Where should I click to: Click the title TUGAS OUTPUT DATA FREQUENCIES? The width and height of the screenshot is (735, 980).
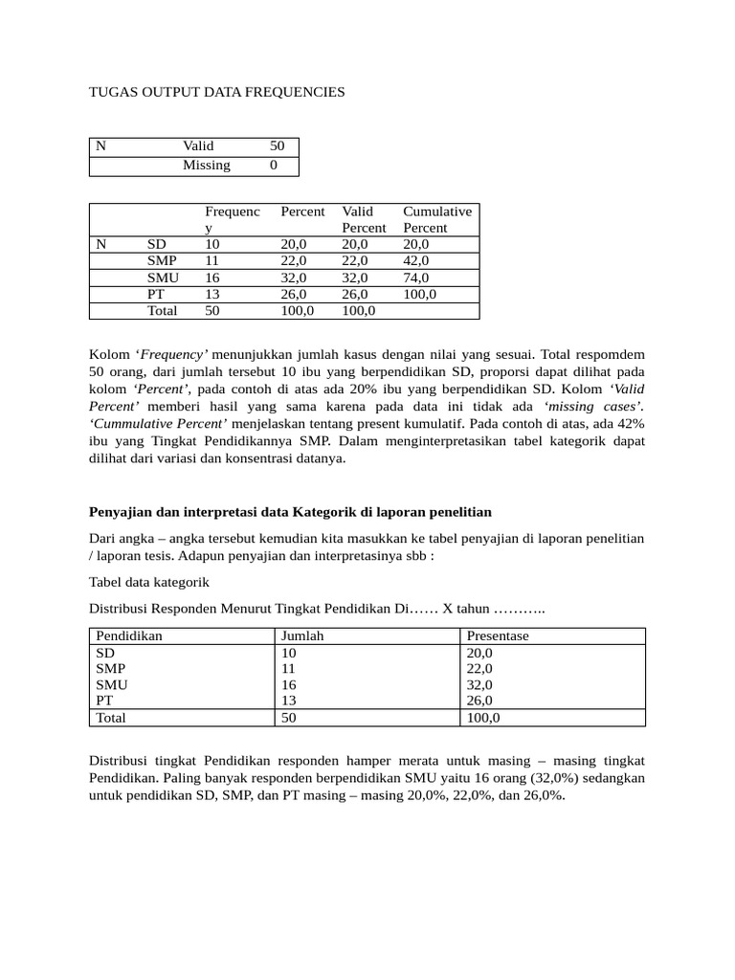coord(216,92)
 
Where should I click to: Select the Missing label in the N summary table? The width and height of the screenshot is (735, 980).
coord(207,166)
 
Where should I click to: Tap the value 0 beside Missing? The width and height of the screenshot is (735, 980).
coord(274,166)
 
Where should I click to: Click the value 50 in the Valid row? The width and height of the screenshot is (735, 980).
coord(277,146)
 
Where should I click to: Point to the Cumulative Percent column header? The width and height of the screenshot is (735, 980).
coord(436,219)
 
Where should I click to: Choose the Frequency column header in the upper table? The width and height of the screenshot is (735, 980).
coord(233,219)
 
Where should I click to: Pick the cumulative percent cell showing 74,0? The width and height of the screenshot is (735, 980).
coord(416,278)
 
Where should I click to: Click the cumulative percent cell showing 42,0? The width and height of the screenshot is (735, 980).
coord(416,260)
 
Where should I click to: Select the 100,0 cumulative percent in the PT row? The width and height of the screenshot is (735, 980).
coord(419,294)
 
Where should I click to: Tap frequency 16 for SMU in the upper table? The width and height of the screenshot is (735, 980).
coord(212,278)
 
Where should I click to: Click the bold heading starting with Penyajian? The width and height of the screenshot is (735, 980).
coord(290,512)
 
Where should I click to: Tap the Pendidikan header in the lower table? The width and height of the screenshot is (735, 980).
coord(129,635)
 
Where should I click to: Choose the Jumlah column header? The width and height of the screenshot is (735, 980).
coord(301,635)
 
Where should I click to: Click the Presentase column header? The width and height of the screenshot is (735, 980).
coord(498,635)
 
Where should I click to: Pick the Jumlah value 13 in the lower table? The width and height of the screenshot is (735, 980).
coord(288,701)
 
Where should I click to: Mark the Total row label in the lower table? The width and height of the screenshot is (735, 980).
coord(111,717)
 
